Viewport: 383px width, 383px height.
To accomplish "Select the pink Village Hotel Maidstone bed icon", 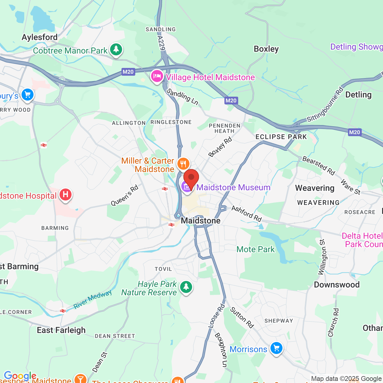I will pos(157,76).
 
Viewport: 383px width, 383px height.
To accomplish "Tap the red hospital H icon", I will pos(65,195).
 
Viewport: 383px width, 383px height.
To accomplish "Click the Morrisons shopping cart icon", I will pos(276,348).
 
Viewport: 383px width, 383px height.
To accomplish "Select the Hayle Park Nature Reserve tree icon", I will pos(186,287).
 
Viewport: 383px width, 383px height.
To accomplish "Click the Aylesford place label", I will pos(39,37).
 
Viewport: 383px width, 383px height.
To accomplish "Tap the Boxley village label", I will pos(266,49).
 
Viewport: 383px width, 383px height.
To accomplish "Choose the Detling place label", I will pos(358,95).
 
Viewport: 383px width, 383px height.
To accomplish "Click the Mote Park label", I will pos(255,249).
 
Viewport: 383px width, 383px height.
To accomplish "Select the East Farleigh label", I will pos(61,330).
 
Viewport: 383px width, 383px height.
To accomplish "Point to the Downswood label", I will pos(337,285).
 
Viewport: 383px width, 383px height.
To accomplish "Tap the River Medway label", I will pos(92,299).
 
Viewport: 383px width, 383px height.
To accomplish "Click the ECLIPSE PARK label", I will pos(281,137).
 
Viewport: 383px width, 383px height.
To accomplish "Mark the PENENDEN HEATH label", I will pos(224,128).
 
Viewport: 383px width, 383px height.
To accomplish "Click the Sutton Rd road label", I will pos(242,317).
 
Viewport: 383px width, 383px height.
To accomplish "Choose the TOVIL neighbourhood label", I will pos(163,269).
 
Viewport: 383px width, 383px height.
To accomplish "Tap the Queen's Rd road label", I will pos(124,195).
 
